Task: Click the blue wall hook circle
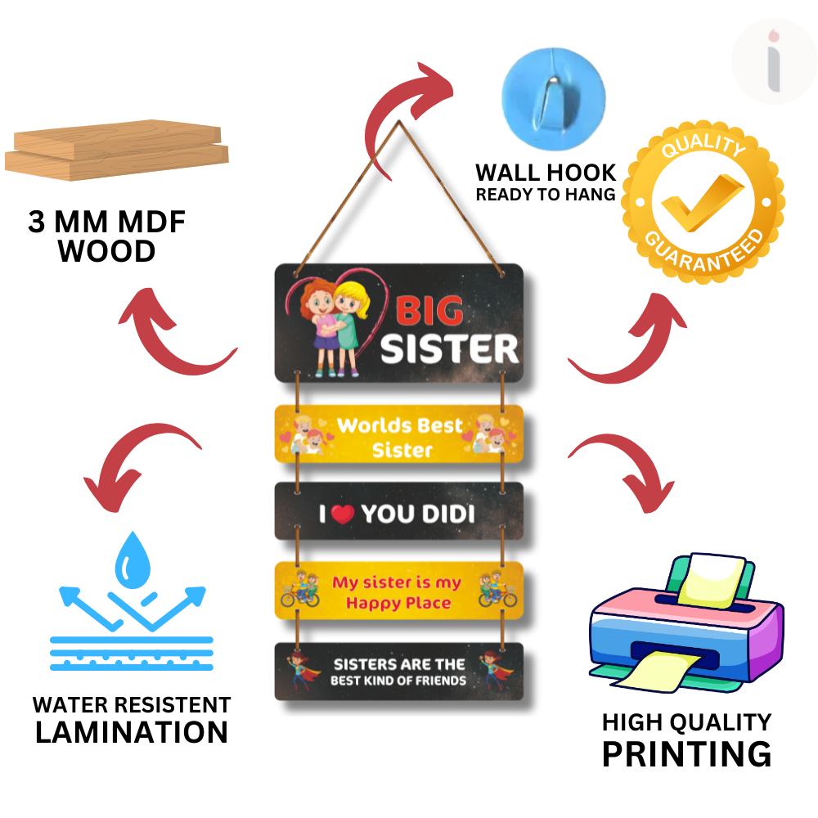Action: [x=553, y=92]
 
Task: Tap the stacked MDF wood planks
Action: [x=117, y=149]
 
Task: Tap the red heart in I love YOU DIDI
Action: [x=344, y=514]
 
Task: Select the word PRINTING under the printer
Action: [x=686, y=753]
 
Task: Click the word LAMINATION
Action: [x=132, y=732]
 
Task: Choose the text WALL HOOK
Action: [x=546, y=173]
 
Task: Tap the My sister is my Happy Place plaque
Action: [x=398, y=593]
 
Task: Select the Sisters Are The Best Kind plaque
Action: [x=398, y=672]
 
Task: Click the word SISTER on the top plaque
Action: [x=450, y=348]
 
